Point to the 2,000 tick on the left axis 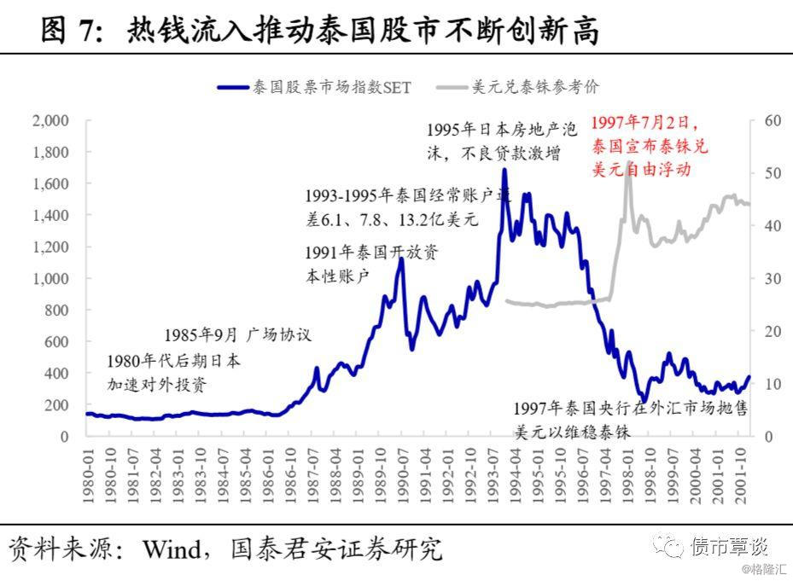tap(50, 120)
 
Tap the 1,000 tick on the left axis tap(50, 278)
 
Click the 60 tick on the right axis tap(773, 120)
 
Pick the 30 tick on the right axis tap(773, 278)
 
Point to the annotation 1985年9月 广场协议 tap(238, 334)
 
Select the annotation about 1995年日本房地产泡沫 tap(502, 142)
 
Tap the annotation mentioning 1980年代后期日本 tap(173, 373)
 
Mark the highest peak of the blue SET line tap(504, 170)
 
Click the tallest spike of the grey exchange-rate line tap(629, 162)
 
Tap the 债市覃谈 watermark tap(731, 545)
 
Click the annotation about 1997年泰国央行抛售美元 tap(630, 420)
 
